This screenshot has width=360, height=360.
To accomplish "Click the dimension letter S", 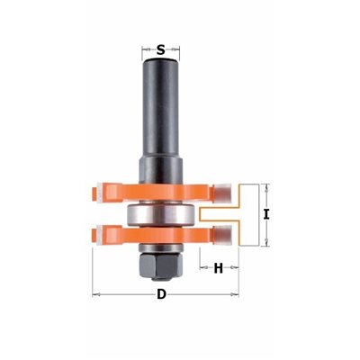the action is tap(161, 49).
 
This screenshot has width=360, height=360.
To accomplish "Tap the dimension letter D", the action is tap(161, 294).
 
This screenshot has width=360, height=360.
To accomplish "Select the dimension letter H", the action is tap(219, 268).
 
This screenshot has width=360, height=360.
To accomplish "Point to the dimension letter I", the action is tap(265, 215).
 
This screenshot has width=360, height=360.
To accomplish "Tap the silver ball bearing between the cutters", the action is tap(161, 215).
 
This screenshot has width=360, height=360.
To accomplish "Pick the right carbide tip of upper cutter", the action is tap(222, 192).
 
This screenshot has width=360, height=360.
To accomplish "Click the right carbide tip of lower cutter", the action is tap(222, 235).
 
